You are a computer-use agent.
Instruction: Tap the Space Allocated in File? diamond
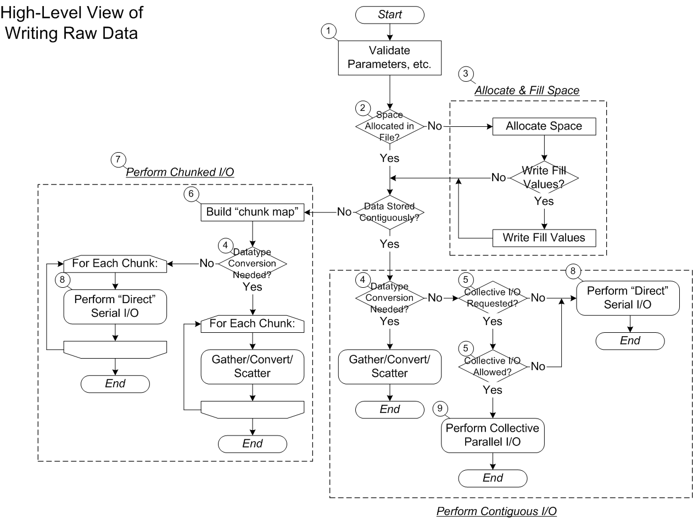[389, 126]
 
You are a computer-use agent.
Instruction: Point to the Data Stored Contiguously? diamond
[389, 212]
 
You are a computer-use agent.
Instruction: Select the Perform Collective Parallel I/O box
[493, 435]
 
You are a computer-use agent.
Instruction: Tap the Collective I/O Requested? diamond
[493, 298]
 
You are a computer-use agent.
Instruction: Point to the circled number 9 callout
[439, 408]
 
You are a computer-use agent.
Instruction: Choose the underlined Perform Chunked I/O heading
[181, 172]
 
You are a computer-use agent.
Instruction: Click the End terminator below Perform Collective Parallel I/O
[493, 478]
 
